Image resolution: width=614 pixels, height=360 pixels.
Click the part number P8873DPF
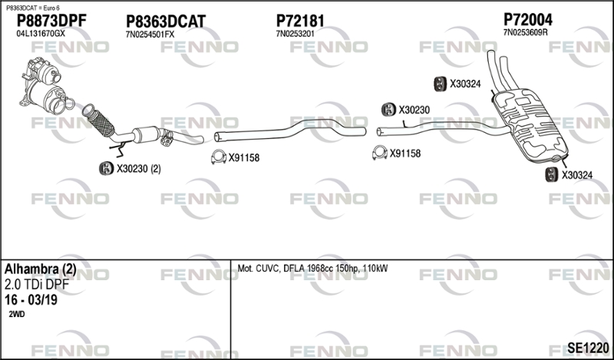(x=51, y=21)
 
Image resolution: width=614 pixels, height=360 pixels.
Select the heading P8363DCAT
(x=166, y=22)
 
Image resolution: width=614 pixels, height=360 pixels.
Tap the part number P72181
(x=300, y=21)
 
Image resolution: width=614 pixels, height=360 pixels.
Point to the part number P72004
(x=528, y=20)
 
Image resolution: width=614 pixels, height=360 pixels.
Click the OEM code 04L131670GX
(x=41, y=34)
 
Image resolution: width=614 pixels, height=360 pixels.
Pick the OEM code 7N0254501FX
(x=150, y=35)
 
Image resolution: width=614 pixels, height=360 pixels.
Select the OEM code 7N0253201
(x=295, y=34)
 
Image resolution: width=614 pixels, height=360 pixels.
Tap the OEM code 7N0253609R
(x=525, y=32)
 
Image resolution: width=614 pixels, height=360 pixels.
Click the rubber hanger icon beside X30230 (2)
(x=106, y=168)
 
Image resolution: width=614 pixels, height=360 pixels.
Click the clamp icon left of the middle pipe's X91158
(x=219, y=157)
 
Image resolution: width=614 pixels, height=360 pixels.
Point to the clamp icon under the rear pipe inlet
(x=379, y=153)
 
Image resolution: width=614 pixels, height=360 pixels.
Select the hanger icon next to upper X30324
(x=441, y=84)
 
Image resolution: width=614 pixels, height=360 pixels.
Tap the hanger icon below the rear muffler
(x=552, y=175)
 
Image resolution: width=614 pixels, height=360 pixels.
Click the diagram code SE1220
(x=587, y=348)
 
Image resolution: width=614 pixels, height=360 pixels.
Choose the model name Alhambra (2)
(x=41, y=269)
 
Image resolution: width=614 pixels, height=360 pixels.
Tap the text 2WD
(x=16, y=314)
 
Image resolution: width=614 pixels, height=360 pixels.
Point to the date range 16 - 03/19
(x=31, y=300)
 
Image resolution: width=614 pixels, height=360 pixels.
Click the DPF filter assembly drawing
(x=44, y=86)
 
